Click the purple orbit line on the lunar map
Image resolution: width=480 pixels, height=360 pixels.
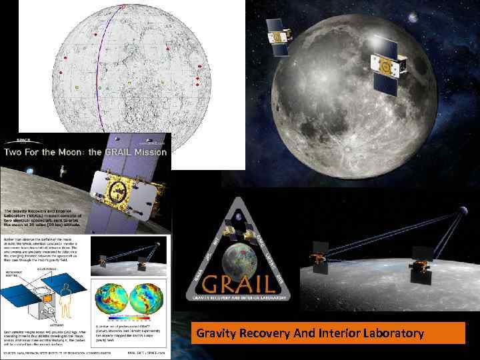click(101, 67)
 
